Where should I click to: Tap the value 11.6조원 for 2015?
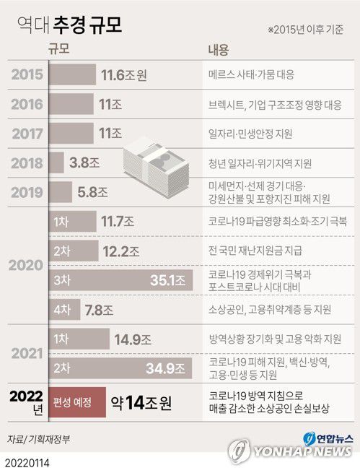coord(125,74)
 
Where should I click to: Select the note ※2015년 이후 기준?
coord(307,30)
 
